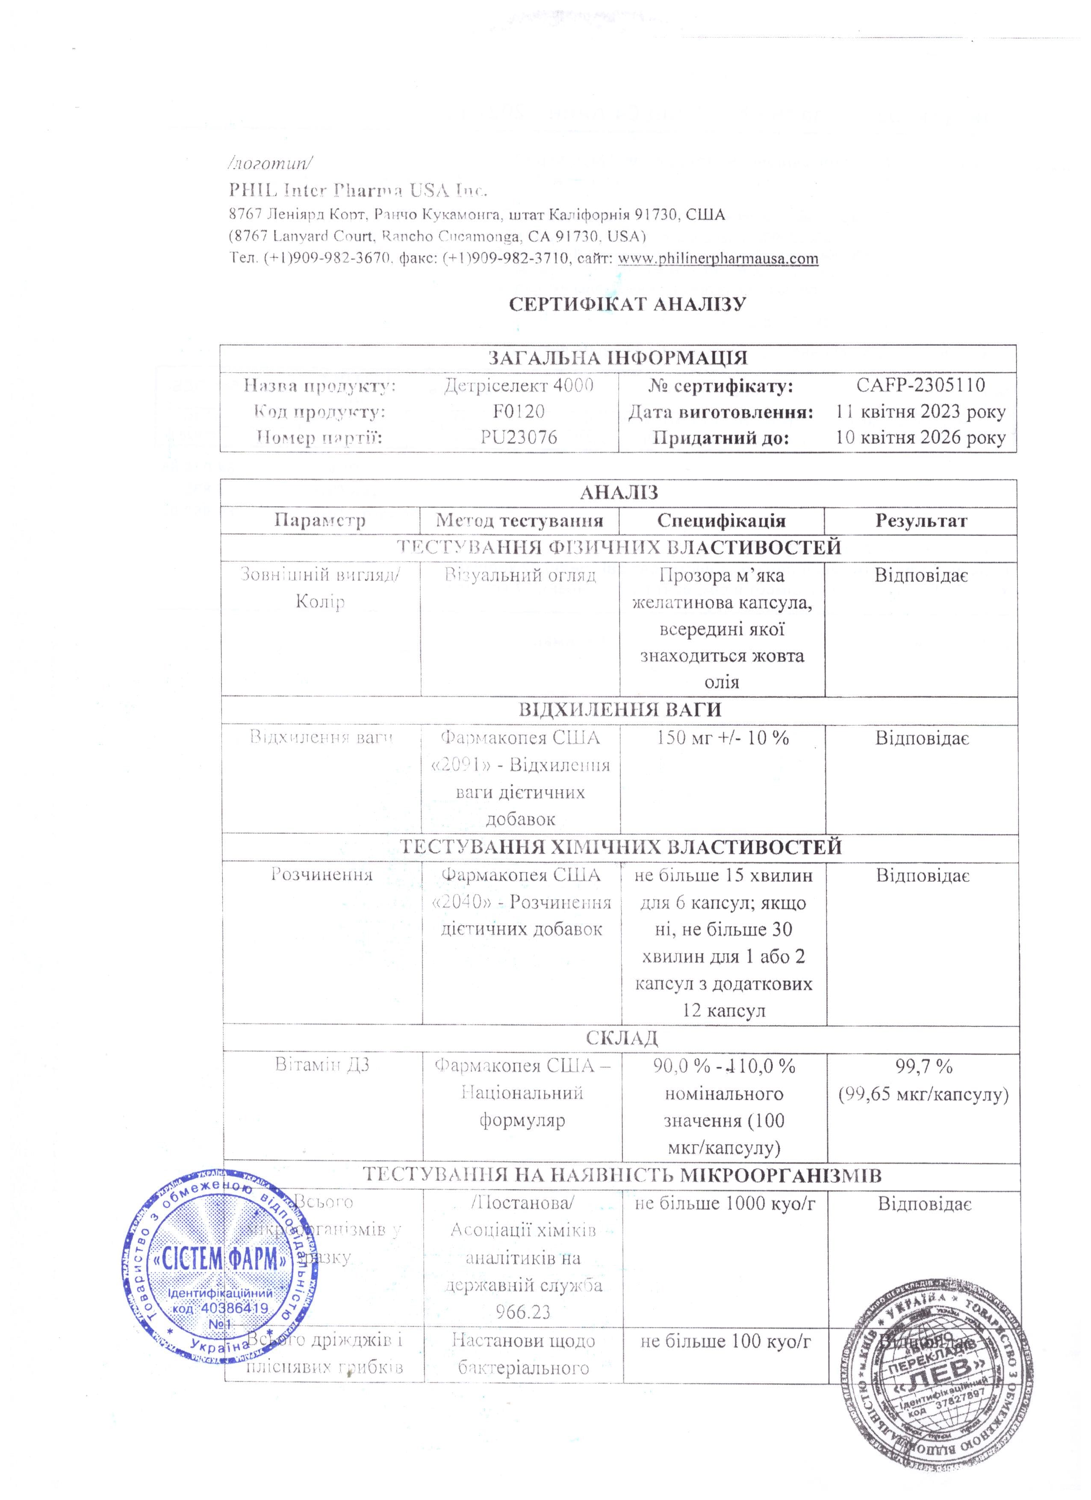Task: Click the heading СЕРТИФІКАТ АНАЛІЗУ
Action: coord(627,304)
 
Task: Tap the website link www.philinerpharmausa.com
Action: coord(717,259)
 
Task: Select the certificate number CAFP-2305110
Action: coord(920,385)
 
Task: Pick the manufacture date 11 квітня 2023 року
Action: coord(920,412)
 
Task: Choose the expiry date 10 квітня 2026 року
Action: coord(920,437)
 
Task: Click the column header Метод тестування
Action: coord(519,521)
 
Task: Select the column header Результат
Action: coord(921,521)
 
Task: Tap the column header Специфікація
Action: coord(721,521)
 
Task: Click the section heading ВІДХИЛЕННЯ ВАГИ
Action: coord(619,710)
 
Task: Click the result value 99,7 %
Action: coord(923,1066)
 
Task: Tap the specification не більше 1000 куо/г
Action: coord(725,1203)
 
